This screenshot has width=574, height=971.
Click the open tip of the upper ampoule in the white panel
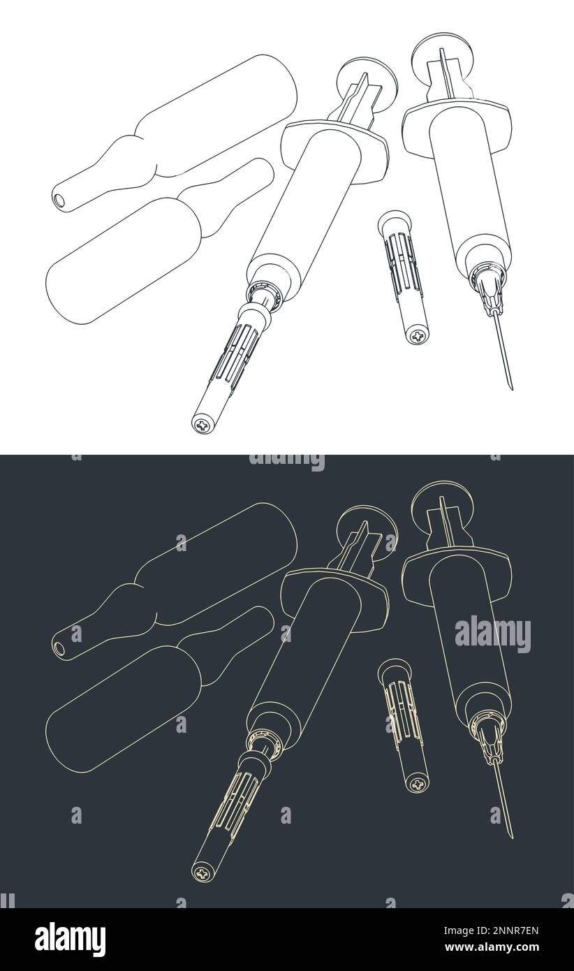point(61,201)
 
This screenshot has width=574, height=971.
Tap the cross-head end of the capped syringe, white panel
point(203,423)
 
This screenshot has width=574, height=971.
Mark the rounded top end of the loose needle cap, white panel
point(388,223)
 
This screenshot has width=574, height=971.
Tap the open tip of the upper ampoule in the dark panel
point(61,650)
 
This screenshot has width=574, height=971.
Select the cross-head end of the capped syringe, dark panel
point(203,871)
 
